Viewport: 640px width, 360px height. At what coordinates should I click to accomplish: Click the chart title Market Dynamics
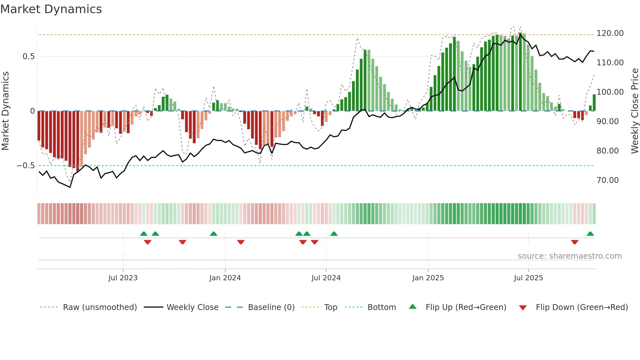51,9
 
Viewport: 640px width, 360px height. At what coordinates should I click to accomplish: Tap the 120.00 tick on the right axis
610,33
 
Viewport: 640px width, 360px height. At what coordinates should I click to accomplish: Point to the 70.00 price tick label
607,180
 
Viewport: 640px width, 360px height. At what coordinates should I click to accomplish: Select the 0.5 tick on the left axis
28,57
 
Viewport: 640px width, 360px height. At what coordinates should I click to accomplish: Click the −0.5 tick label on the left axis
26,166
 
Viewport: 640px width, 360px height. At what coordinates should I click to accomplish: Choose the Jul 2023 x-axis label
123,278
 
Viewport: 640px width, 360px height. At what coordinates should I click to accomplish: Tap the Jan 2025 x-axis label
428,278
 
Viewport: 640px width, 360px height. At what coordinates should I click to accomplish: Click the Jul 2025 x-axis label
528,278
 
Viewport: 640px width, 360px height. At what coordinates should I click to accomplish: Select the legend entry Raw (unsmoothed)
100,307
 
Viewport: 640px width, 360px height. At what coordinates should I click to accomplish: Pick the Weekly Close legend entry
192,307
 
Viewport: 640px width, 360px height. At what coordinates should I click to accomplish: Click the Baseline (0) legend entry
271,307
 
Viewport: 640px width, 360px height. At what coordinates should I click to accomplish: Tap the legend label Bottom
381,307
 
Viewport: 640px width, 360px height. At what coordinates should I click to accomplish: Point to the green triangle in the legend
413,306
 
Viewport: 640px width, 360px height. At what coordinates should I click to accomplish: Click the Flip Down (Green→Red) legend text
582,307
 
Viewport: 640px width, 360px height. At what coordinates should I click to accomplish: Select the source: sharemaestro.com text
569,256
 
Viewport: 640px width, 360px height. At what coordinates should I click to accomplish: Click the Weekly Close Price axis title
634,111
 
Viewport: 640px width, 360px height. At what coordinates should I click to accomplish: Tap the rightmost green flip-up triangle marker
590,234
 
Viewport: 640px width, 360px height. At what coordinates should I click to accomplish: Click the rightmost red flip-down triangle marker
575,242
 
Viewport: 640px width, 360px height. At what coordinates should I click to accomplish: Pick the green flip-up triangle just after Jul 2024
334,234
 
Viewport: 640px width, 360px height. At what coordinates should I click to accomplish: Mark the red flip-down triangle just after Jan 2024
241,242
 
